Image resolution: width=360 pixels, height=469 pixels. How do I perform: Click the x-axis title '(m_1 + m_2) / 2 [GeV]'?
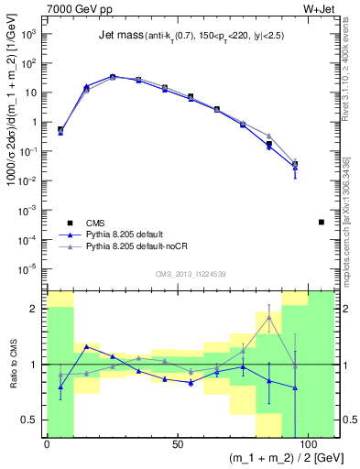click(x=276, y=457)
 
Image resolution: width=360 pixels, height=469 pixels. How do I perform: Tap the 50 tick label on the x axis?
click(x=177, y=445)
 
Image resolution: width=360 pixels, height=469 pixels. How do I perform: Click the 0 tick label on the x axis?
click(x=47, y=445)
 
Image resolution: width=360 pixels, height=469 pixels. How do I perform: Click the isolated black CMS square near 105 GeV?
click(x=321, y=222)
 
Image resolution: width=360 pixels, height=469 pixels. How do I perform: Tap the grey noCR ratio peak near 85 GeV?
click(x=268, y=317)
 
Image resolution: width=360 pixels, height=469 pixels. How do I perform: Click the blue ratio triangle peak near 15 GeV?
click(x=86, y=346)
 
